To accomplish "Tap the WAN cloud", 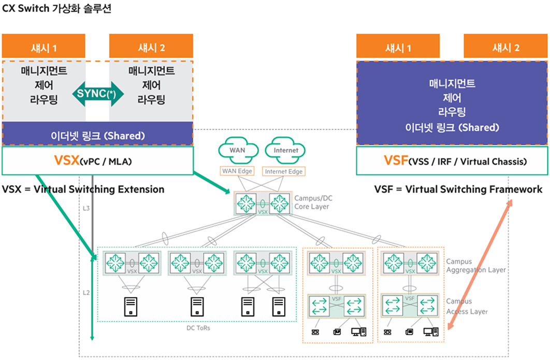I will [238, 150].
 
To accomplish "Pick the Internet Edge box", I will [283, 171].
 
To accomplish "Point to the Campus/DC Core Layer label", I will [312, 202].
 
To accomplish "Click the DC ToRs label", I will [198, 327].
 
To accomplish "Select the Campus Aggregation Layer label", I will [475, 266].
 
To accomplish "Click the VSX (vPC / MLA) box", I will [98, 161].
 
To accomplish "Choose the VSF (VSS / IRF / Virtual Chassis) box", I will [452, 161].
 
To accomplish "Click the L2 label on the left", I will [86, 293].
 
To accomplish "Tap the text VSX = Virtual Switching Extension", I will [83, 190].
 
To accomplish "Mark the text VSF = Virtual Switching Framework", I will [458, 190].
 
